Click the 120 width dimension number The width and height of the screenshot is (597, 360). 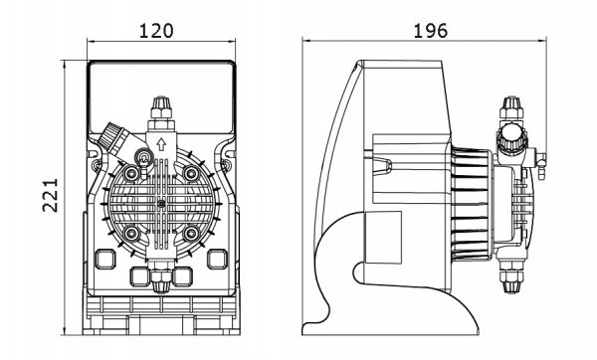(156, 31)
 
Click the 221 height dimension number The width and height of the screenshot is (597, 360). (51, 195)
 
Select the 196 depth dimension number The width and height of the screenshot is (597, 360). (430, 31)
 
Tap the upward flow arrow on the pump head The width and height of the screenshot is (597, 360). (161, 144)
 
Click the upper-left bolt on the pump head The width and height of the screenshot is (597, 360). (131, 173)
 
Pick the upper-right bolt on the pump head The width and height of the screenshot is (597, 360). (191, 173)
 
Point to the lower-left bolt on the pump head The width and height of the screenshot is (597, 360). (131, 234)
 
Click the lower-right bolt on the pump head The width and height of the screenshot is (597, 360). (191, 234)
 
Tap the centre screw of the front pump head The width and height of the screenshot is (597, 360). (161, 204)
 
